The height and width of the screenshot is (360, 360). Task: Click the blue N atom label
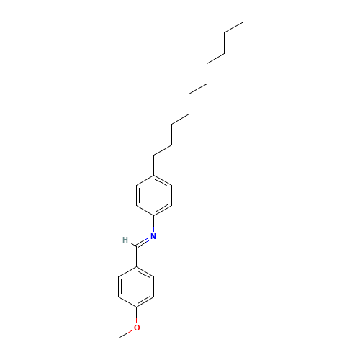(x=153, y=236)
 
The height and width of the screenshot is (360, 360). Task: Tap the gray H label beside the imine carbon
(x=125, y=240)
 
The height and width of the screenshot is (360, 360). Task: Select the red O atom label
(x=137, y=328)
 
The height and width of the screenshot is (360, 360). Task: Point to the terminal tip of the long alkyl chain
(x=243, y=23)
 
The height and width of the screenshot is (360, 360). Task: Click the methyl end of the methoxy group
(x=118, y=338)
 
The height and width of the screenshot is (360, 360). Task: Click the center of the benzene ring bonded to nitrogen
(x=154, y=195)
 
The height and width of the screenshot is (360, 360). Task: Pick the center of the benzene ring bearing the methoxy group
(x=136, y=287)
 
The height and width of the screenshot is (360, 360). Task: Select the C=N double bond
(x=143, y=242)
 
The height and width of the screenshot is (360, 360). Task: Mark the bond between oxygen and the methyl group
(x=125, y=334)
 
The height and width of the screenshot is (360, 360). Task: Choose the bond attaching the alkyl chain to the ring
(x=154, y=166)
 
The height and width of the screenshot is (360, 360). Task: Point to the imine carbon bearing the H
(x=136, y=246)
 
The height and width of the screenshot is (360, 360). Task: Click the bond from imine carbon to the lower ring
(x=136, y=256)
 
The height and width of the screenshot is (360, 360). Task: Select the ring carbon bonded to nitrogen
(x=154, y=215)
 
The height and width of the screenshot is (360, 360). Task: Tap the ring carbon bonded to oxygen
(x=136, y=307)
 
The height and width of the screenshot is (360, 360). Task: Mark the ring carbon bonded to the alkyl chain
(x=154, y=176)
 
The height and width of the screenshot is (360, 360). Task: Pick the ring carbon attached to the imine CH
(x=136, y=267)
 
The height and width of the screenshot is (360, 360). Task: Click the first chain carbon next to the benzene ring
(x=154, y=156)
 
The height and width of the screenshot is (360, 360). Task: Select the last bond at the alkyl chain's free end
(x=233, y=28)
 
